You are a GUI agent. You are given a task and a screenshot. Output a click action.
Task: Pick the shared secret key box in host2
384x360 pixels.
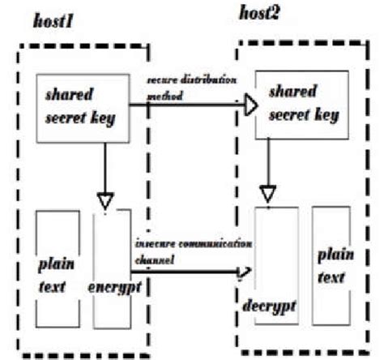click(294, 102)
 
